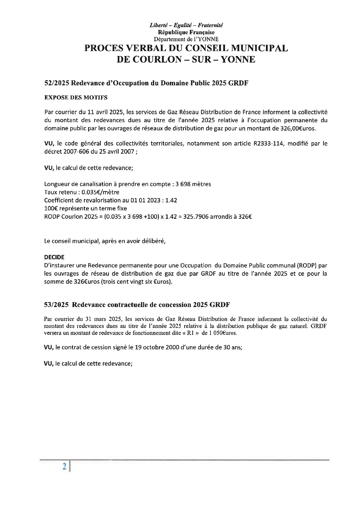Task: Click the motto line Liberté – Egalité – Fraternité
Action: pyautogui.click(x=186, y=25)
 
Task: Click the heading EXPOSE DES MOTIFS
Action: pyautogui.click(x=76, y=98)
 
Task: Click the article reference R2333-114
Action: pyautogui.click(x=267, y=143)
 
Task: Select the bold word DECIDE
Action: pyautogui.click(x=54, y=257)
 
